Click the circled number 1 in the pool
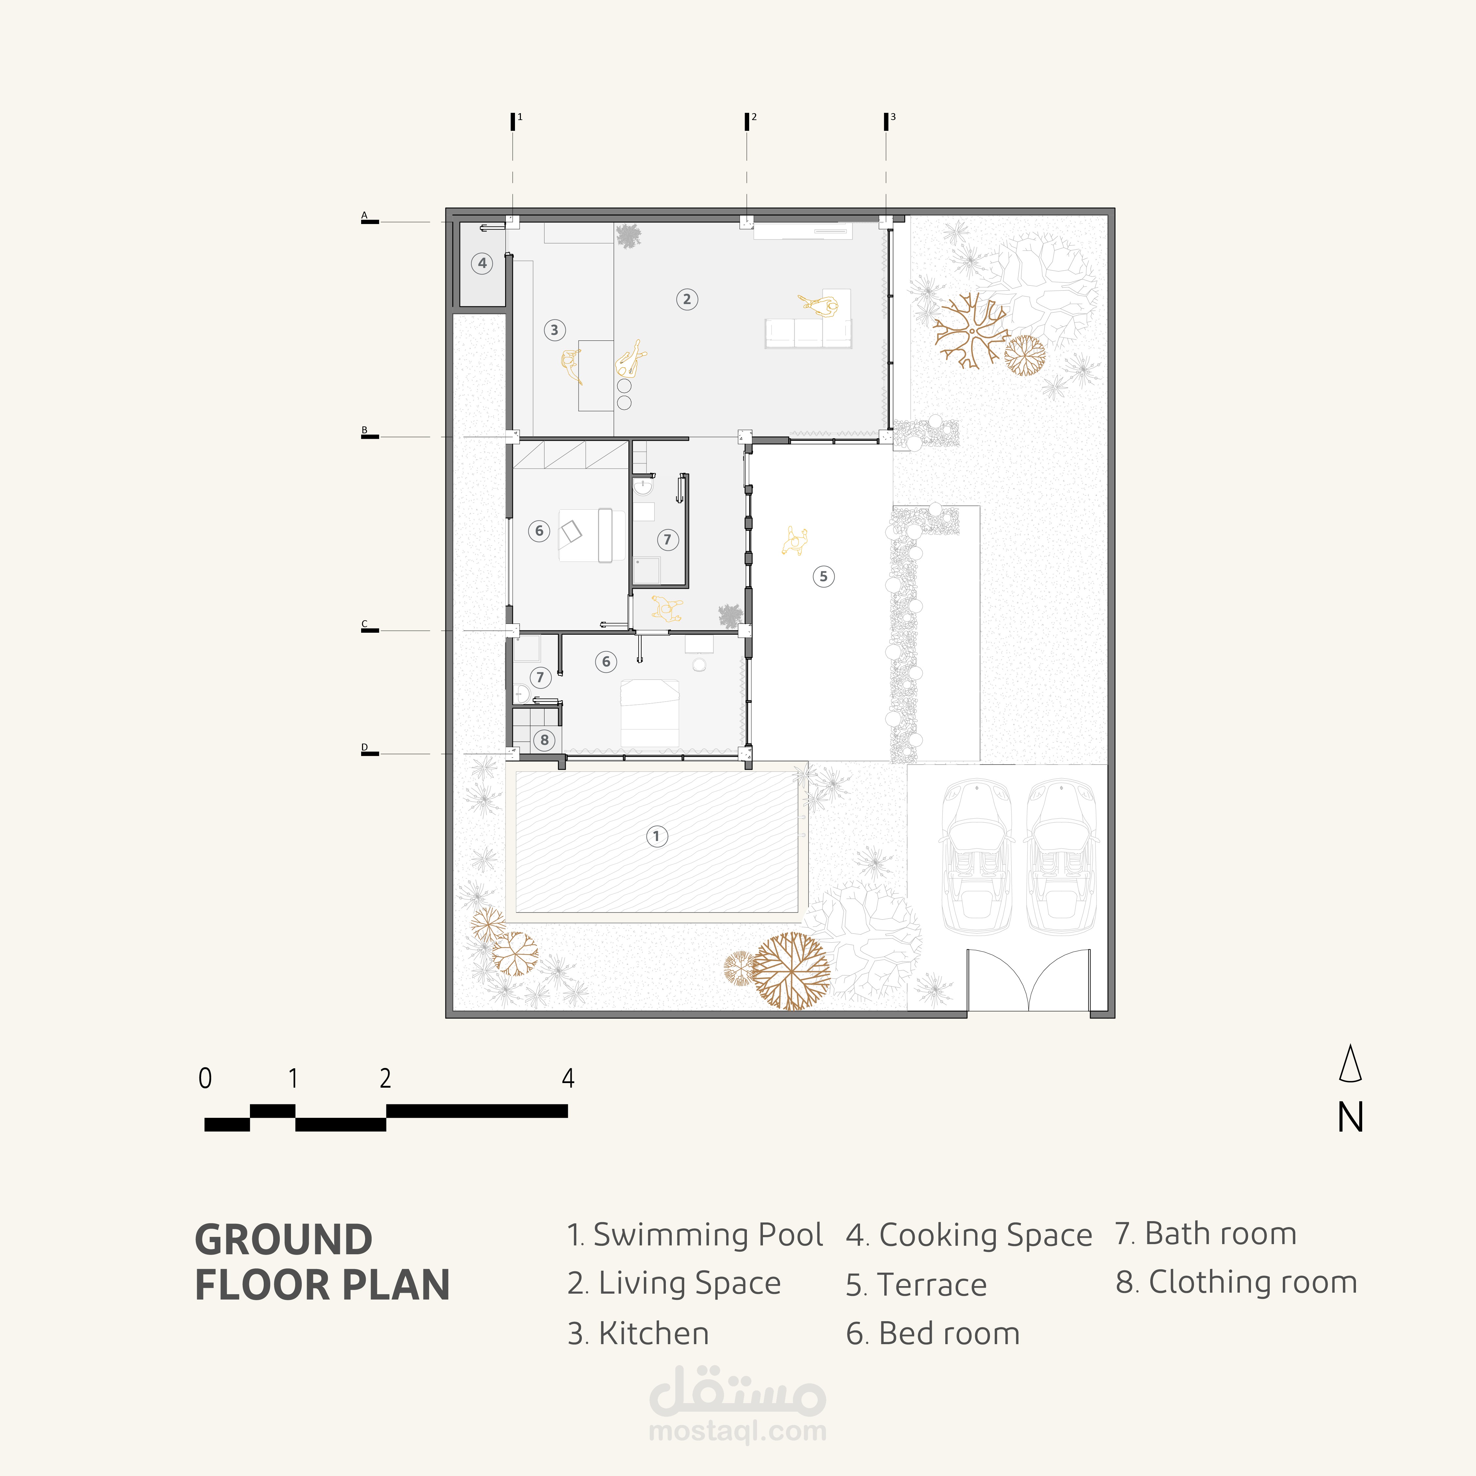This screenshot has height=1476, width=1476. [656, 836]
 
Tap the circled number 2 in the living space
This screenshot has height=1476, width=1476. [687, 299]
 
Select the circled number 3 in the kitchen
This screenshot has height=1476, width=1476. [555, 330]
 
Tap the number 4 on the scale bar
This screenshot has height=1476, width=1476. [568, 1078]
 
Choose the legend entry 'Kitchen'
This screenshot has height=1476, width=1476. [654, 1333]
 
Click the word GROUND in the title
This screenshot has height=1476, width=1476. [283, 1239]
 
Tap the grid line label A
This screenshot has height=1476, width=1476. [364, 215]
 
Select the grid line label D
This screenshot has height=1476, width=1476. [364, 747]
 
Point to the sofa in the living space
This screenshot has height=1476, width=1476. [808, 333]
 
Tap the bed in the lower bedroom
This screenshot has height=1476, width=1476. [649, 713]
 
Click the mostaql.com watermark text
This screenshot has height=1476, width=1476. [737, 1431]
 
